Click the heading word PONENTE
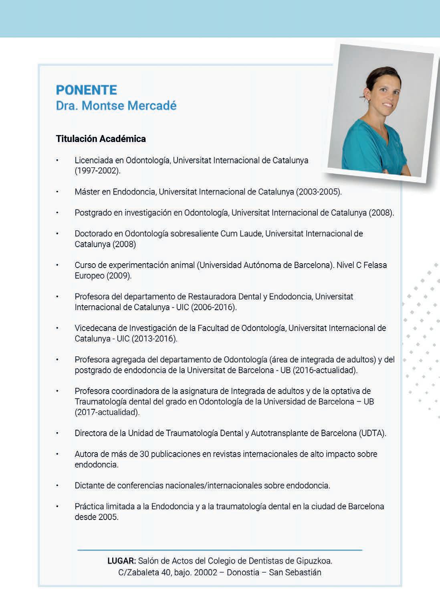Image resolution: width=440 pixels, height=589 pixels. [x=87, y=90]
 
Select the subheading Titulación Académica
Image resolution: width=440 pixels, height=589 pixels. [x=101, y=139]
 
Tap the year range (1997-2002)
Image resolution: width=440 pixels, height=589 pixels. [x=97, y=171]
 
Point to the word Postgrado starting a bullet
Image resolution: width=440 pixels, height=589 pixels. [x=93, y=213]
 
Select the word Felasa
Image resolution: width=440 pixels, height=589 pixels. [x=375, y=265]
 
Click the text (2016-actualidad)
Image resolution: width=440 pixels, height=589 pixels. [x=325, y=370]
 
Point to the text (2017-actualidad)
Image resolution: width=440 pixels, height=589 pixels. [x=107, y=412]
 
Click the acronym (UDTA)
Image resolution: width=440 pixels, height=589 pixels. [x=373, y=433]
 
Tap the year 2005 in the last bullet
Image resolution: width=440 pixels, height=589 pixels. [x=108, y=517]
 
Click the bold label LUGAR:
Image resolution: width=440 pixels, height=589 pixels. [x=122, y=561]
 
